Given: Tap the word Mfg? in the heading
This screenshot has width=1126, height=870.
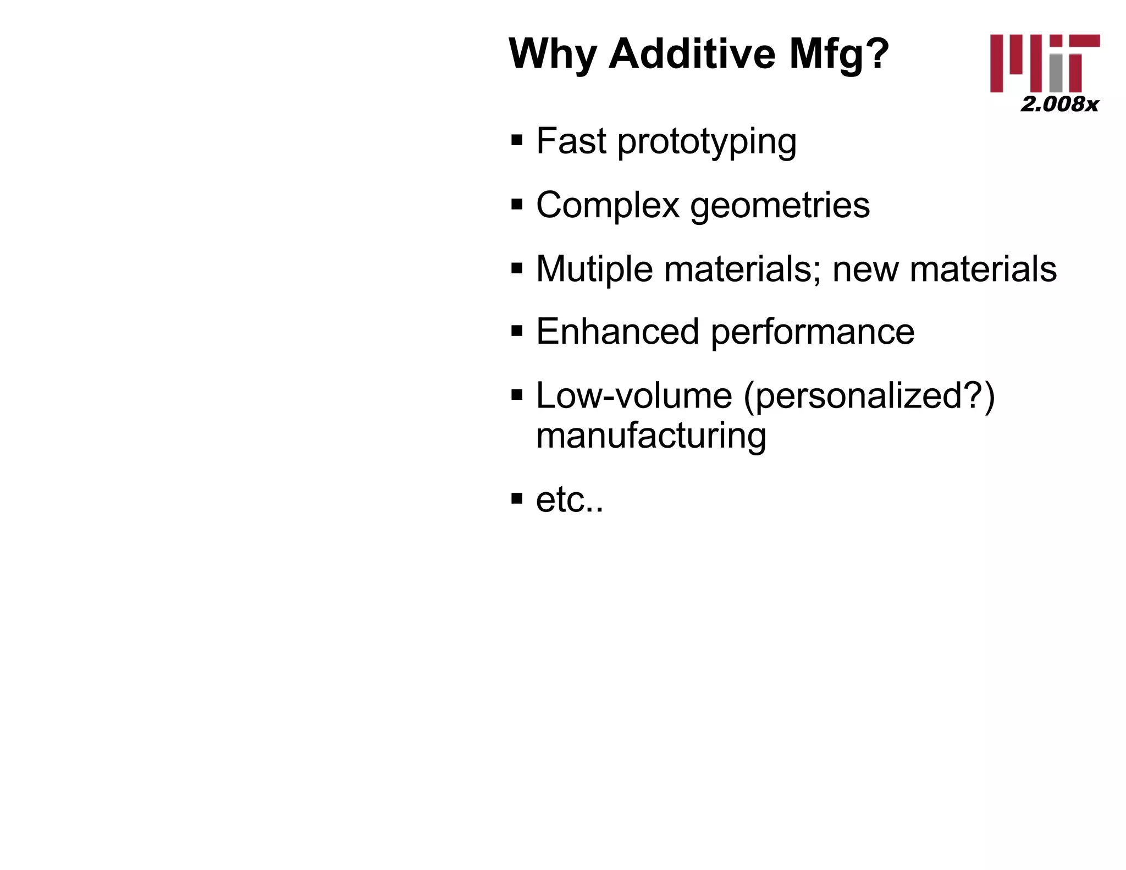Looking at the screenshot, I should (x=839, y=55).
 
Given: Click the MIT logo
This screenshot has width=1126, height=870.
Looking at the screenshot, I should (x=1045, y=63).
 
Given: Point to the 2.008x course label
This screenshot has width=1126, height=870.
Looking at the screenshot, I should (x=1059, y=104).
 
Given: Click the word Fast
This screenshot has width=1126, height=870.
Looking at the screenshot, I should (x=571, y=141).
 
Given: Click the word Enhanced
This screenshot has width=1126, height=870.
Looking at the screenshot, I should (x=618, y=332).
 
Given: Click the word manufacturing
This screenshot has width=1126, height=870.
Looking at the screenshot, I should (x=651, y=436).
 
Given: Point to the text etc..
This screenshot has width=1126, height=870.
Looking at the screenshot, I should (x=569, y=500).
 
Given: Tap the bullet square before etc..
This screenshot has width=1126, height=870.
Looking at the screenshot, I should (x=517, y=499).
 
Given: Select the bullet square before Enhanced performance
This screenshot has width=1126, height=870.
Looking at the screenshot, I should (x=517, y=331).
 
